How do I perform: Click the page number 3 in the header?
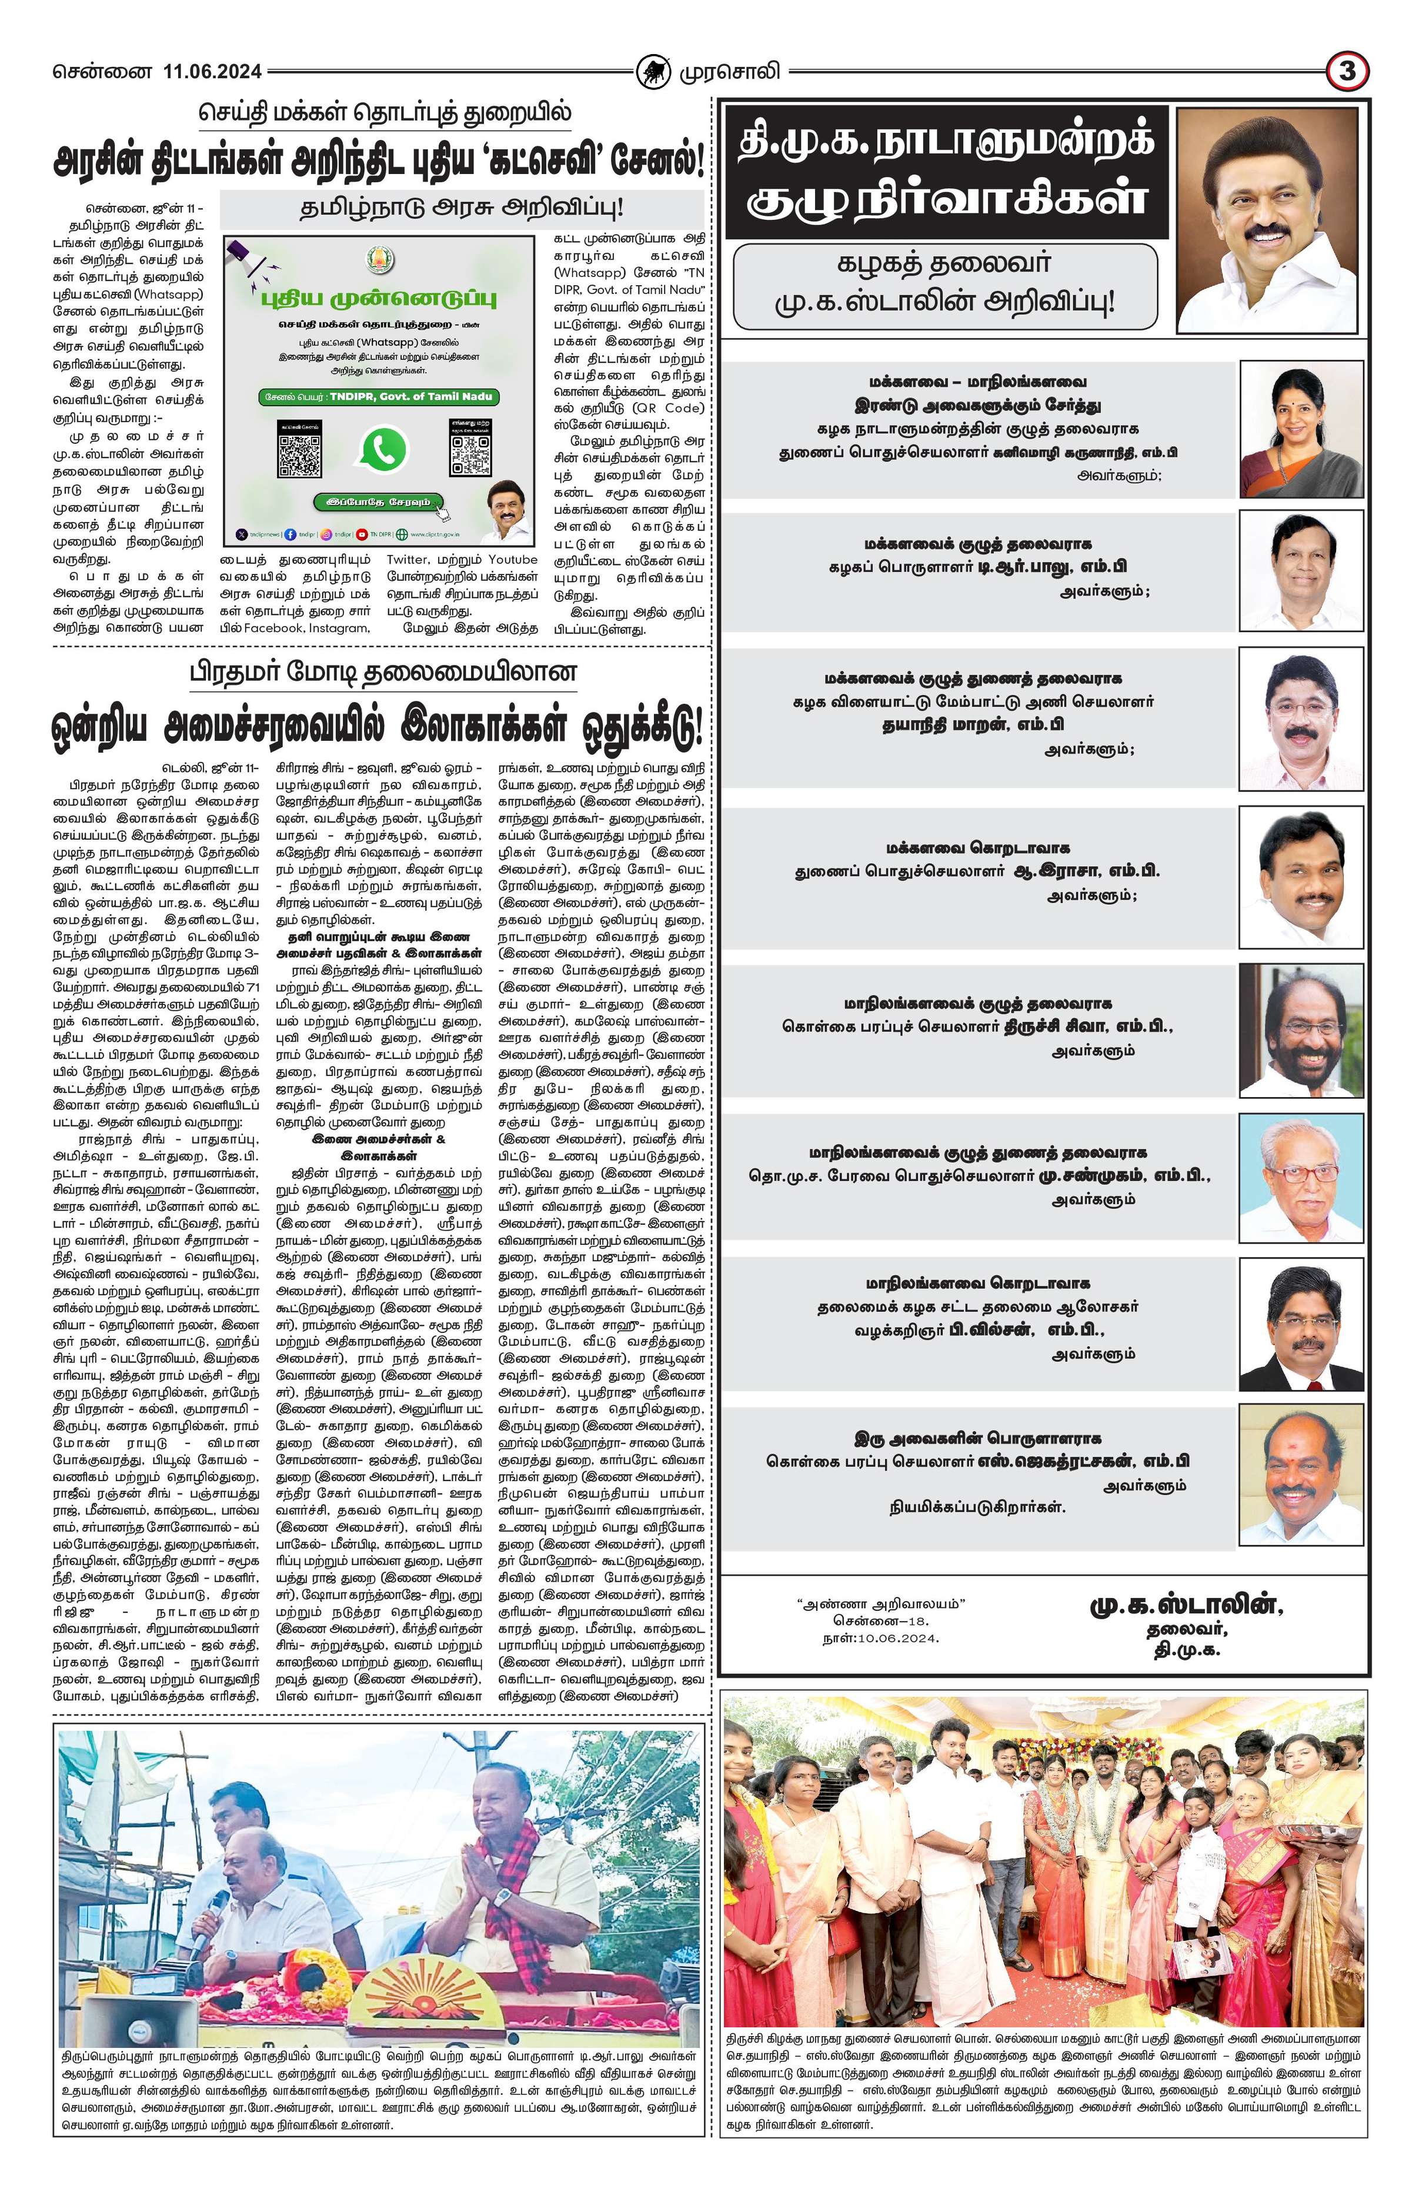pyautogui.click(x=1347, y=71)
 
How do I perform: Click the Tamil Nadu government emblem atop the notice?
pyautogui.click(x=376, y=259)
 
